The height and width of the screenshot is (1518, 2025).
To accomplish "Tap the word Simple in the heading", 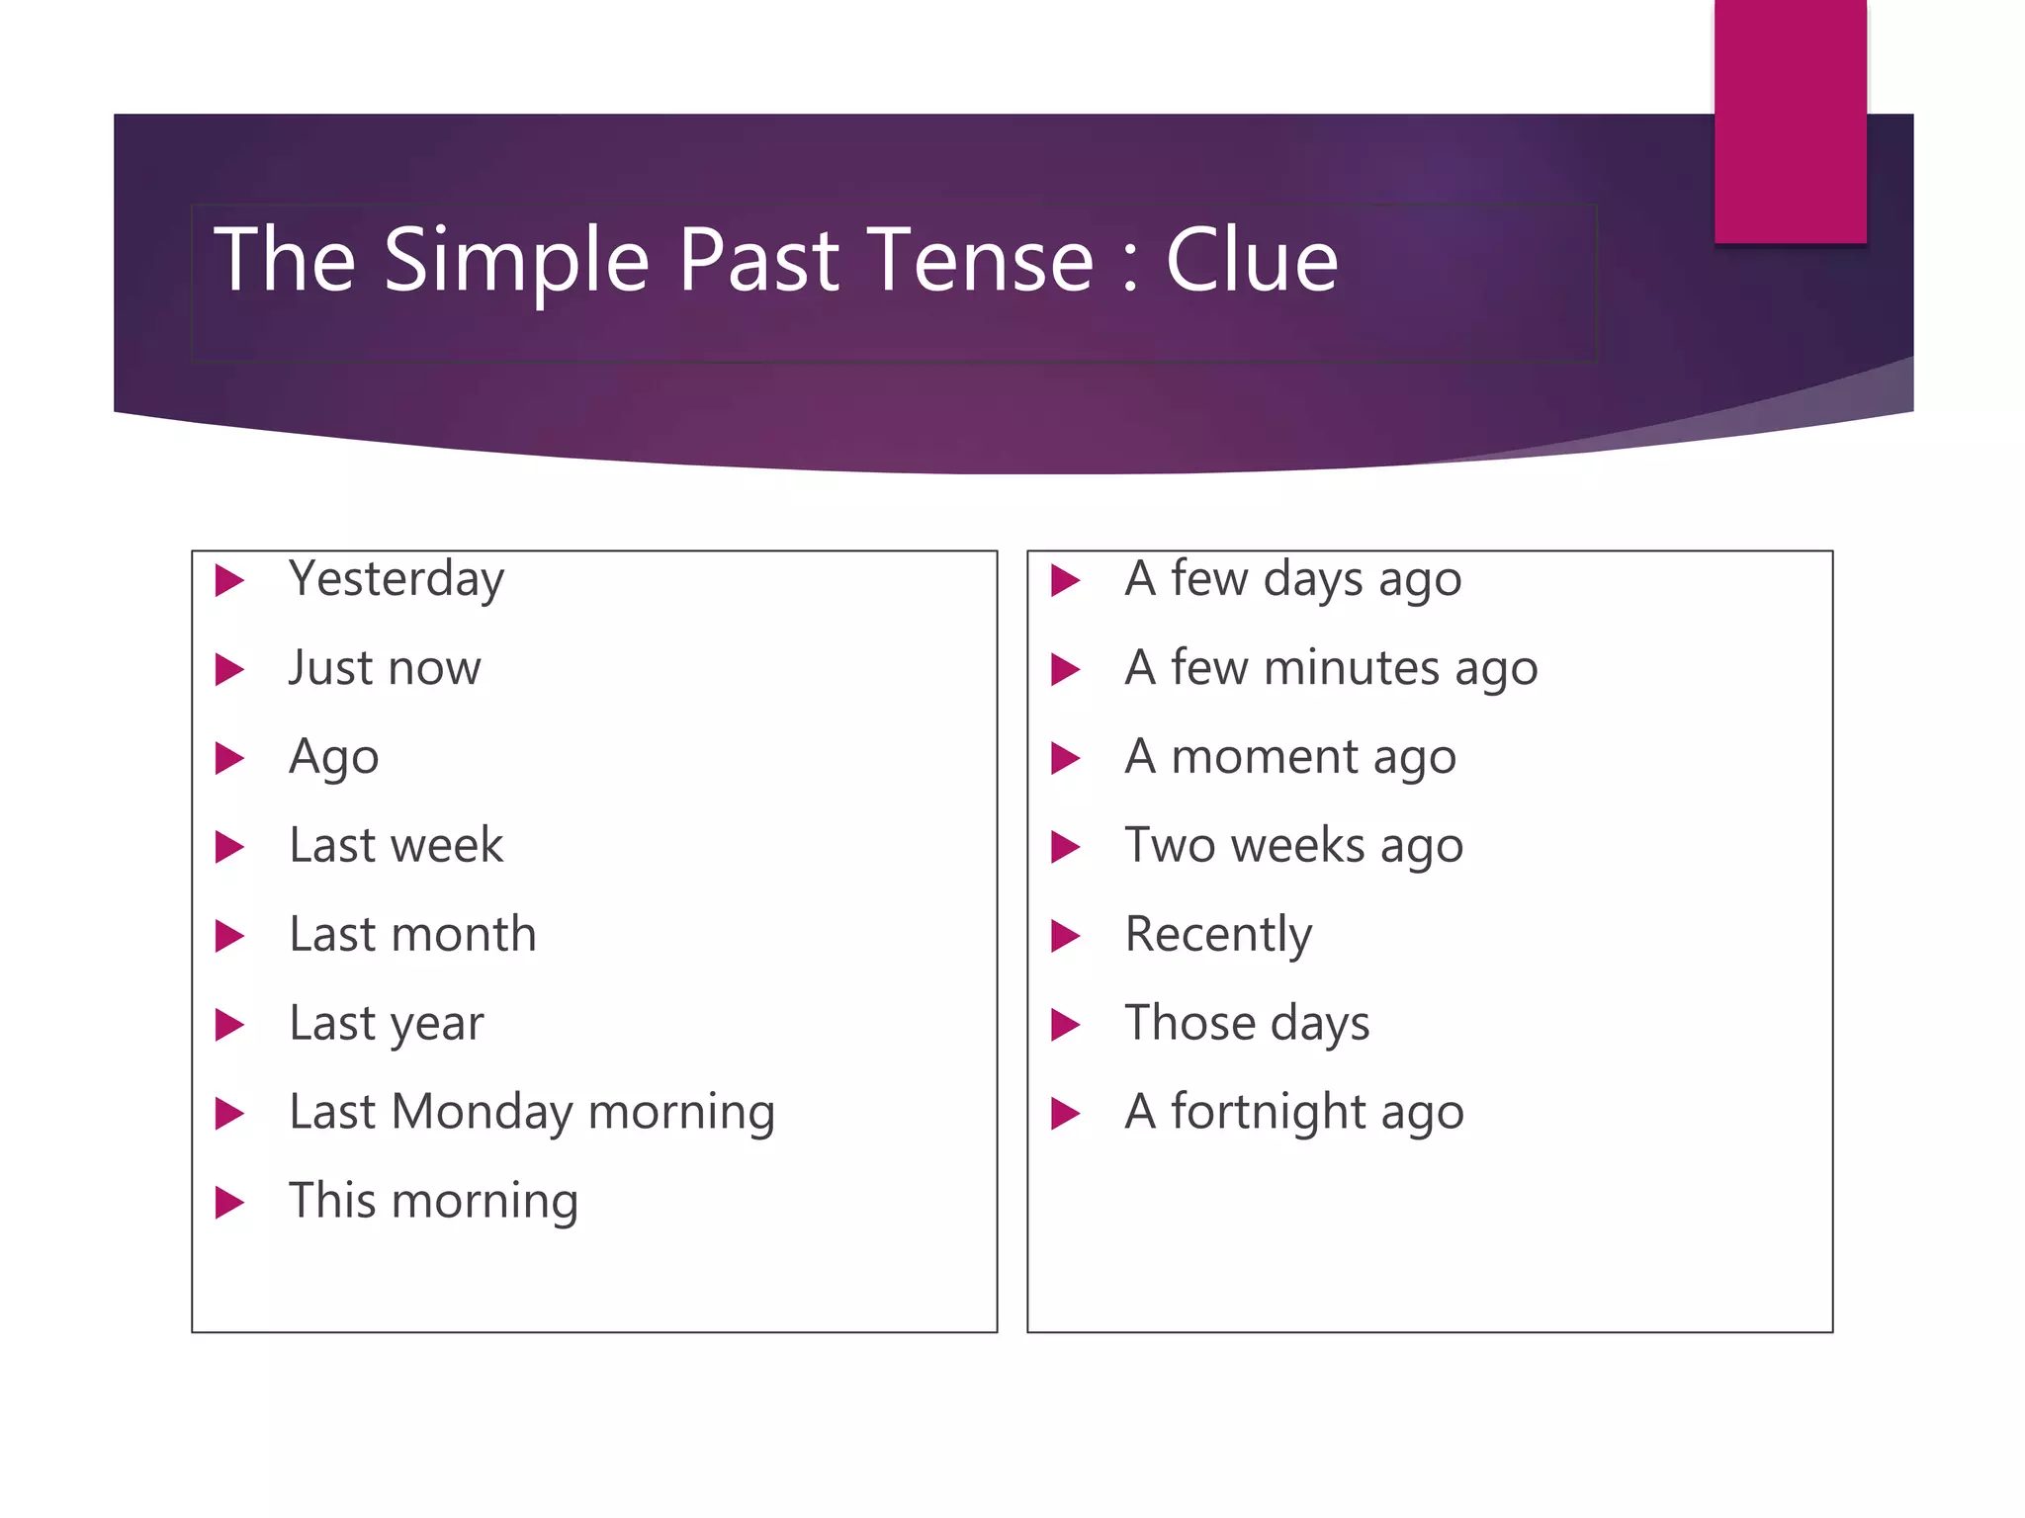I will click(516, 261).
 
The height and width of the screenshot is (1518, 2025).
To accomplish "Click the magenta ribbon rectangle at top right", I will click(1790, 121).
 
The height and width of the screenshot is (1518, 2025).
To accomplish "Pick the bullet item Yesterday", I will click(396, 579).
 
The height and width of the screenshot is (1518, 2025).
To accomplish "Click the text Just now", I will click(385, 668).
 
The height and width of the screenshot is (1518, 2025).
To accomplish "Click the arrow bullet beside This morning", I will click(229, 1202).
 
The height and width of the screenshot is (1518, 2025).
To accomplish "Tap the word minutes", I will click(1351, 668).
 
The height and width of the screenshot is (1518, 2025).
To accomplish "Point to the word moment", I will click(1264, 757).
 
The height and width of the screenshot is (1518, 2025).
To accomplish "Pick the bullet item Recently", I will click(1218, 935).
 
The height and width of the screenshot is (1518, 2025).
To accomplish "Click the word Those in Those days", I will click(1189, 1024).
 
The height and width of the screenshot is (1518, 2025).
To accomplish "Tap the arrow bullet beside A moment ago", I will click(1065, 758).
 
